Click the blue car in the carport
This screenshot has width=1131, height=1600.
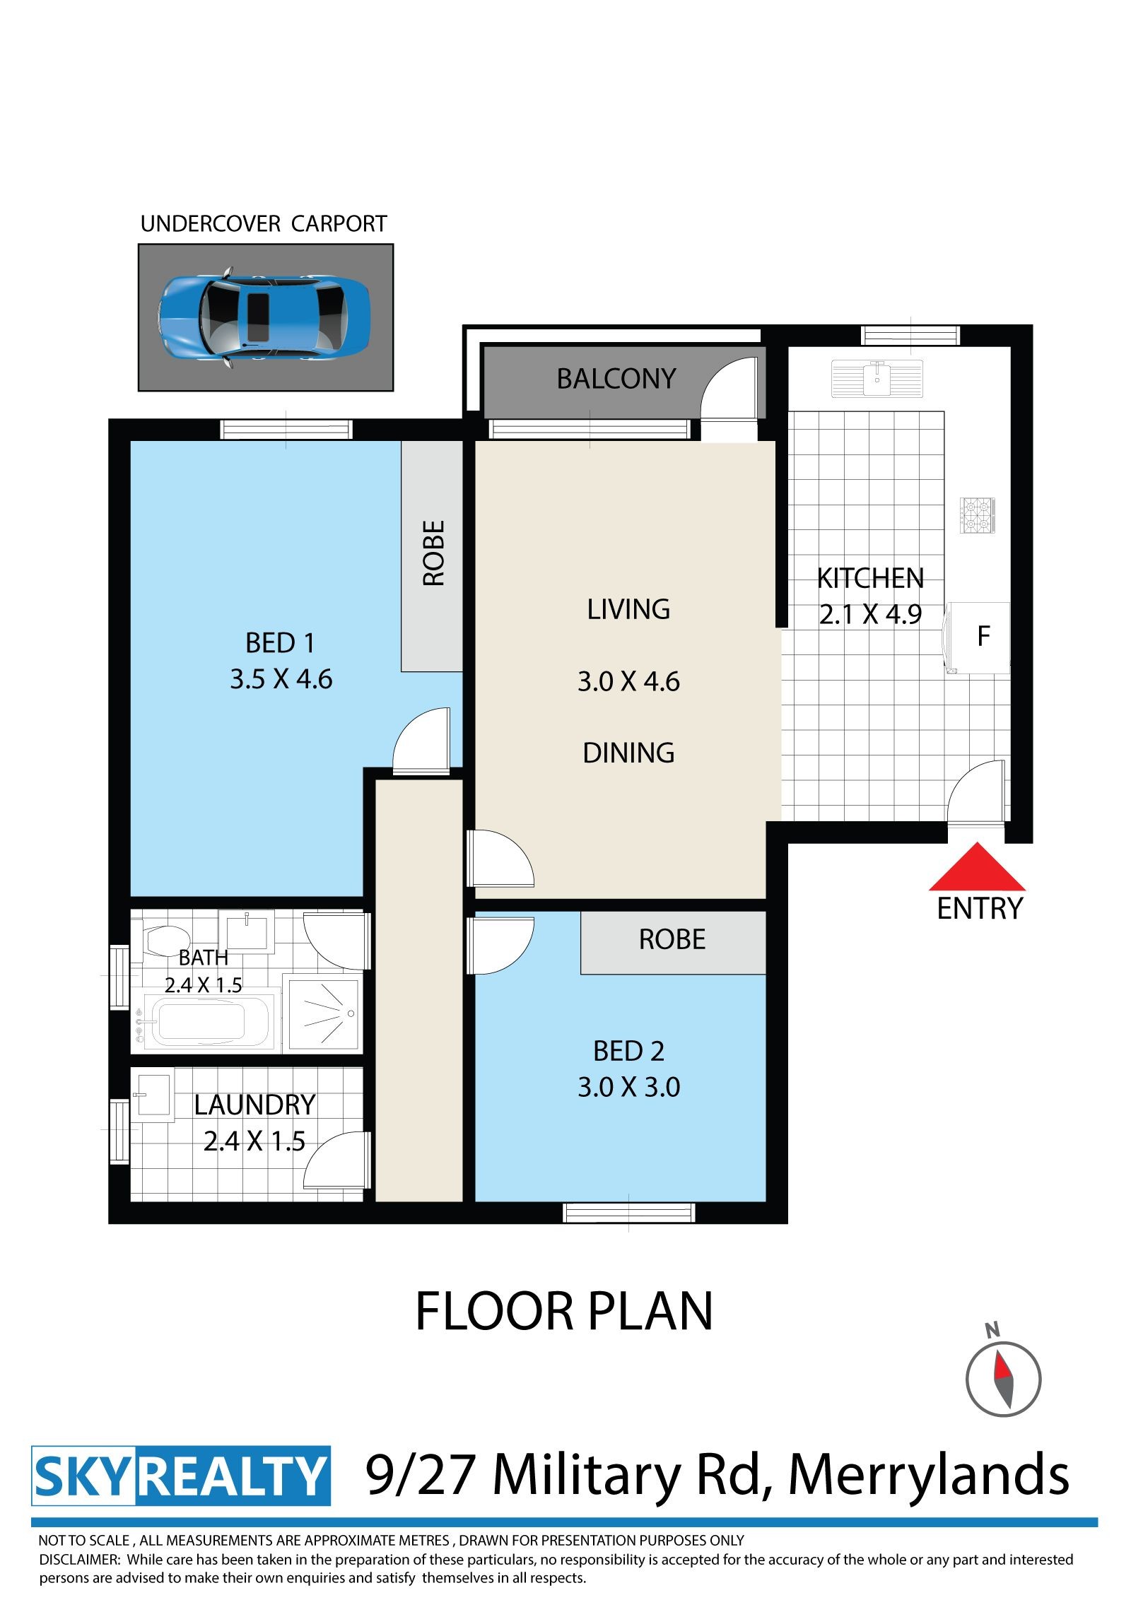[x=264, y=317]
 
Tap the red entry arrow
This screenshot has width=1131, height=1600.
[x=977, y=867]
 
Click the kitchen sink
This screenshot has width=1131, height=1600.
[x=877, y=378]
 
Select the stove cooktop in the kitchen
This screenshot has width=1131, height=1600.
[x=978, y=515]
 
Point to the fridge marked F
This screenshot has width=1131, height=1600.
[x=980, y=637]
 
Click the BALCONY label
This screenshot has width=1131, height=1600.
[x=616, y=379]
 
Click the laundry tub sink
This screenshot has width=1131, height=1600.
[x=153, y=1098]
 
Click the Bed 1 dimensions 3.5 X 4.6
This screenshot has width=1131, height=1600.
[x=281, y=679]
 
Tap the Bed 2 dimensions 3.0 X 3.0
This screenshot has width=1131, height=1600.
[x=629, y=1087]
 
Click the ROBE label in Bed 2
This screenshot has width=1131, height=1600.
[x=672, y=939]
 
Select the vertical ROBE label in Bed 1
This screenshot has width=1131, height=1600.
[x=433, y=553]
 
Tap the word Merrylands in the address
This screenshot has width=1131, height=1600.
[x=928, y=1476]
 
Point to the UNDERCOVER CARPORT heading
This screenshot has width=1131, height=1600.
[x=264, y=224]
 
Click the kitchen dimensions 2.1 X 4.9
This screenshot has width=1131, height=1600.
[x=871, y=614]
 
